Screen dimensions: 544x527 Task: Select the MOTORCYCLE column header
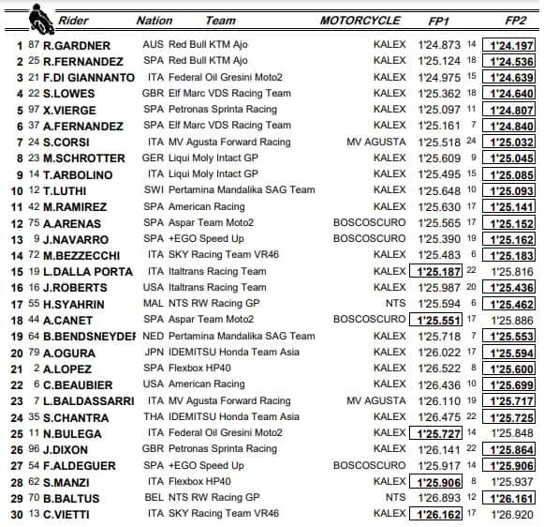click(x=360, y=20)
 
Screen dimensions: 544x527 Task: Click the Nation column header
click(x=154, y=20)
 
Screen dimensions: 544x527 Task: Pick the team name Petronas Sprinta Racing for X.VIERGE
click(x=224, y=110)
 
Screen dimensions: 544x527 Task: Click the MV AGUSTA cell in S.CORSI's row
click(x=376, y=142)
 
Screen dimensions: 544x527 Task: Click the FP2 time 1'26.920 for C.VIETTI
click(x=516, y=514)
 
